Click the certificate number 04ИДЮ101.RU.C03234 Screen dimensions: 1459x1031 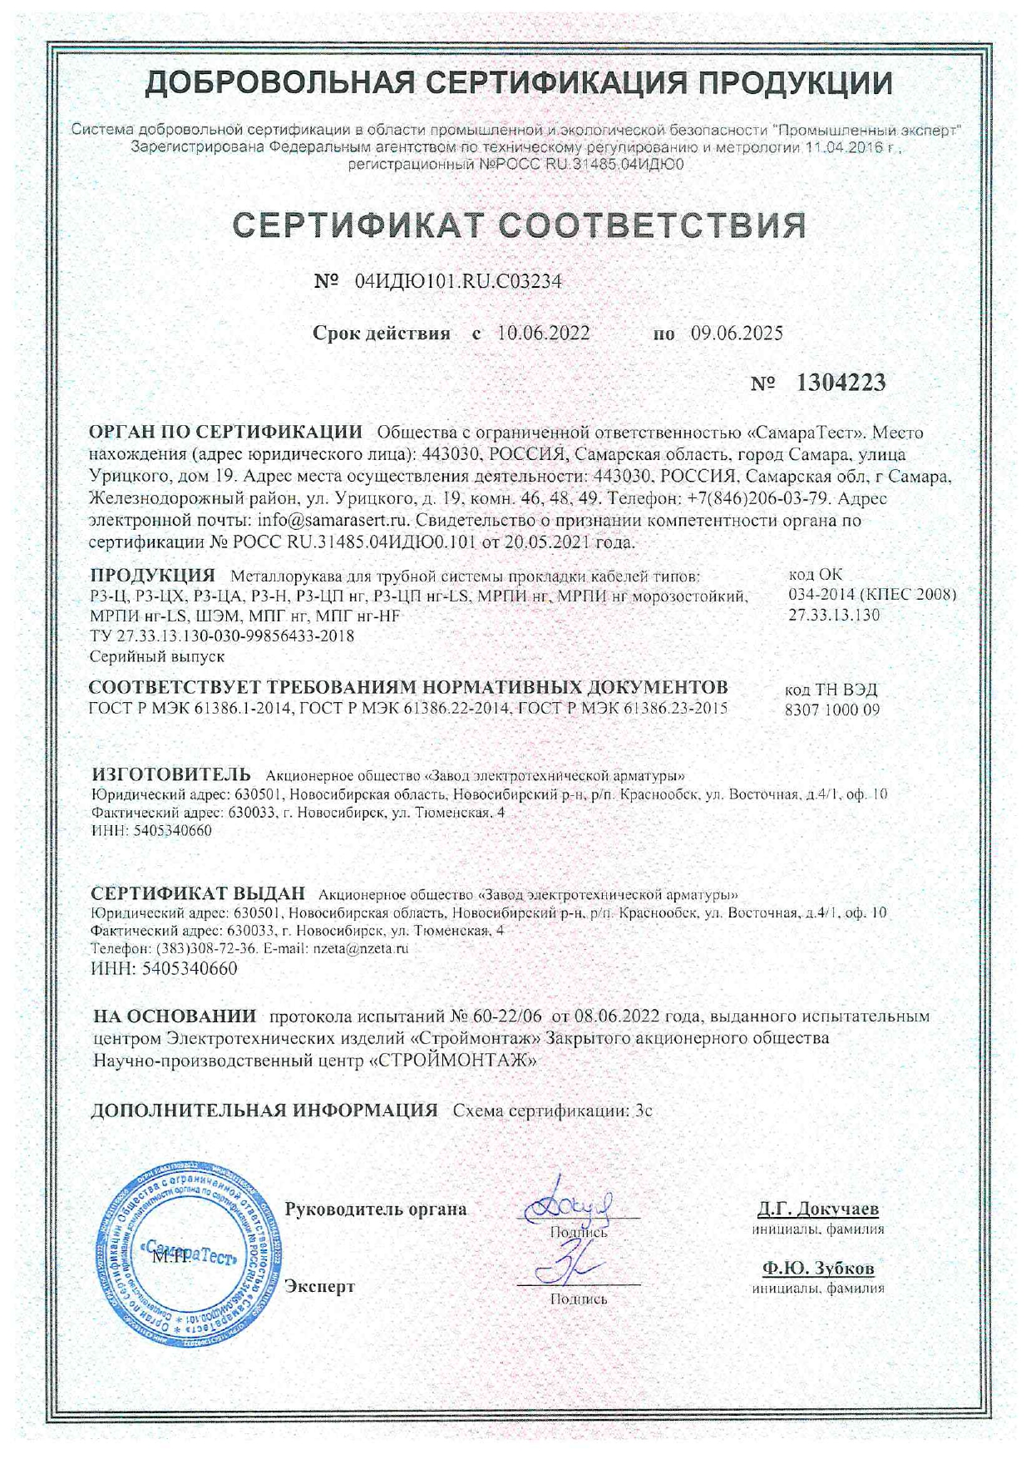(458, 282)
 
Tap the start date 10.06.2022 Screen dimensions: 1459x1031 (544, 334)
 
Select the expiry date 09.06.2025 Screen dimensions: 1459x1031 (737, 334)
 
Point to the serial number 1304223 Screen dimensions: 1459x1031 (841, 383)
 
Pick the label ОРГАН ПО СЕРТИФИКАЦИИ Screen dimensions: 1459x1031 (225, 433)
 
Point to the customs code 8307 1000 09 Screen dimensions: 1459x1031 (831, 710)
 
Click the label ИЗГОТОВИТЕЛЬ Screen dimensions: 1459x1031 (170, 775)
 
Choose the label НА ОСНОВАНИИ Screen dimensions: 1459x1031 (175, 1016)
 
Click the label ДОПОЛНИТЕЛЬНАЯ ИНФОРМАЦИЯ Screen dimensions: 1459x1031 (264, 1110)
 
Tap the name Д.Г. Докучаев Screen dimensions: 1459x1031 (818, 1209)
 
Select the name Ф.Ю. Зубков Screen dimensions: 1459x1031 (818, 1269)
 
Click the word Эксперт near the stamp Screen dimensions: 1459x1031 (319, 1286)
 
